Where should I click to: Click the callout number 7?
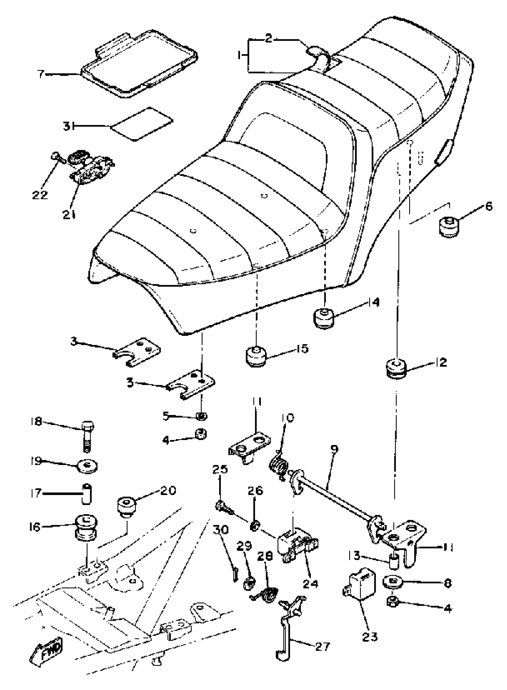pyautogui.click(x=41, y=74)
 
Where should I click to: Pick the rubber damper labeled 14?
pyautogui.click(x=324, y=319)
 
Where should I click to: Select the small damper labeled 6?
pyautogui.click(x=449, y=227)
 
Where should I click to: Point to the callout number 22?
pyautogui.click(x=40, y=195)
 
